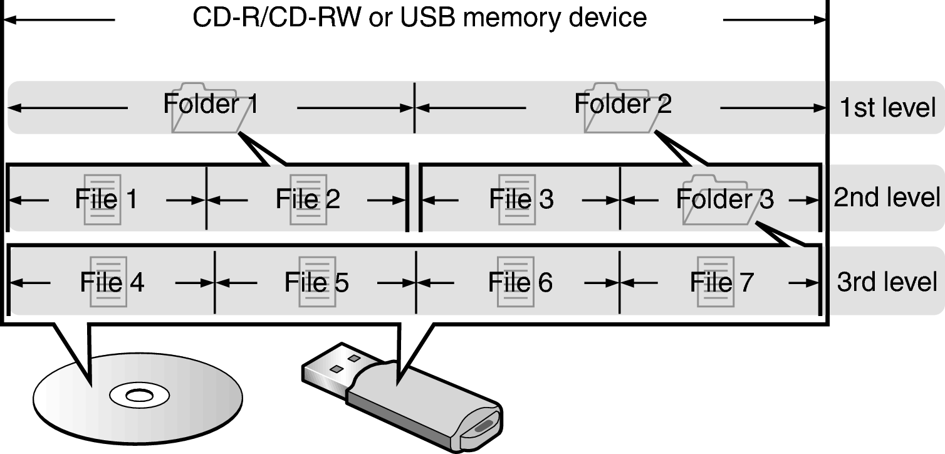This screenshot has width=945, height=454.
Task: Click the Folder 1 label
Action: (x=211, y=105)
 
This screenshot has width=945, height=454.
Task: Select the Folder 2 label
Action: (x=623, y=104)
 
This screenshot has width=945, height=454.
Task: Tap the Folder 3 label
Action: (x=724, y=199)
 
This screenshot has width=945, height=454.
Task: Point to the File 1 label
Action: (x=106, y=199)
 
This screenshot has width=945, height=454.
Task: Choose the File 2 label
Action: (x=308, y=199)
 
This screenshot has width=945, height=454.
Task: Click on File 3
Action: (x=521, y=199)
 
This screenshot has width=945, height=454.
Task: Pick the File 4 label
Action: (x=112, y=283)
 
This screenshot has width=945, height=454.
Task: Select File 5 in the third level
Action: (x=316, y=283)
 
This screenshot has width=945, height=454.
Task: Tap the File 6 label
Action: (x=520, y=283)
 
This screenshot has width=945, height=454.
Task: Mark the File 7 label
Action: (x=722, y=283)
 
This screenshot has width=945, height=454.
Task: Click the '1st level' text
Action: (x=888, y=108)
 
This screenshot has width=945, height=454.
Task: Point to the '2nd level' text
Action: (x=887, y=198)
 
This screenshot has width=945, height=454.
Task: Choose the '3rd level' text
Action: (x=887, y=282)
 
